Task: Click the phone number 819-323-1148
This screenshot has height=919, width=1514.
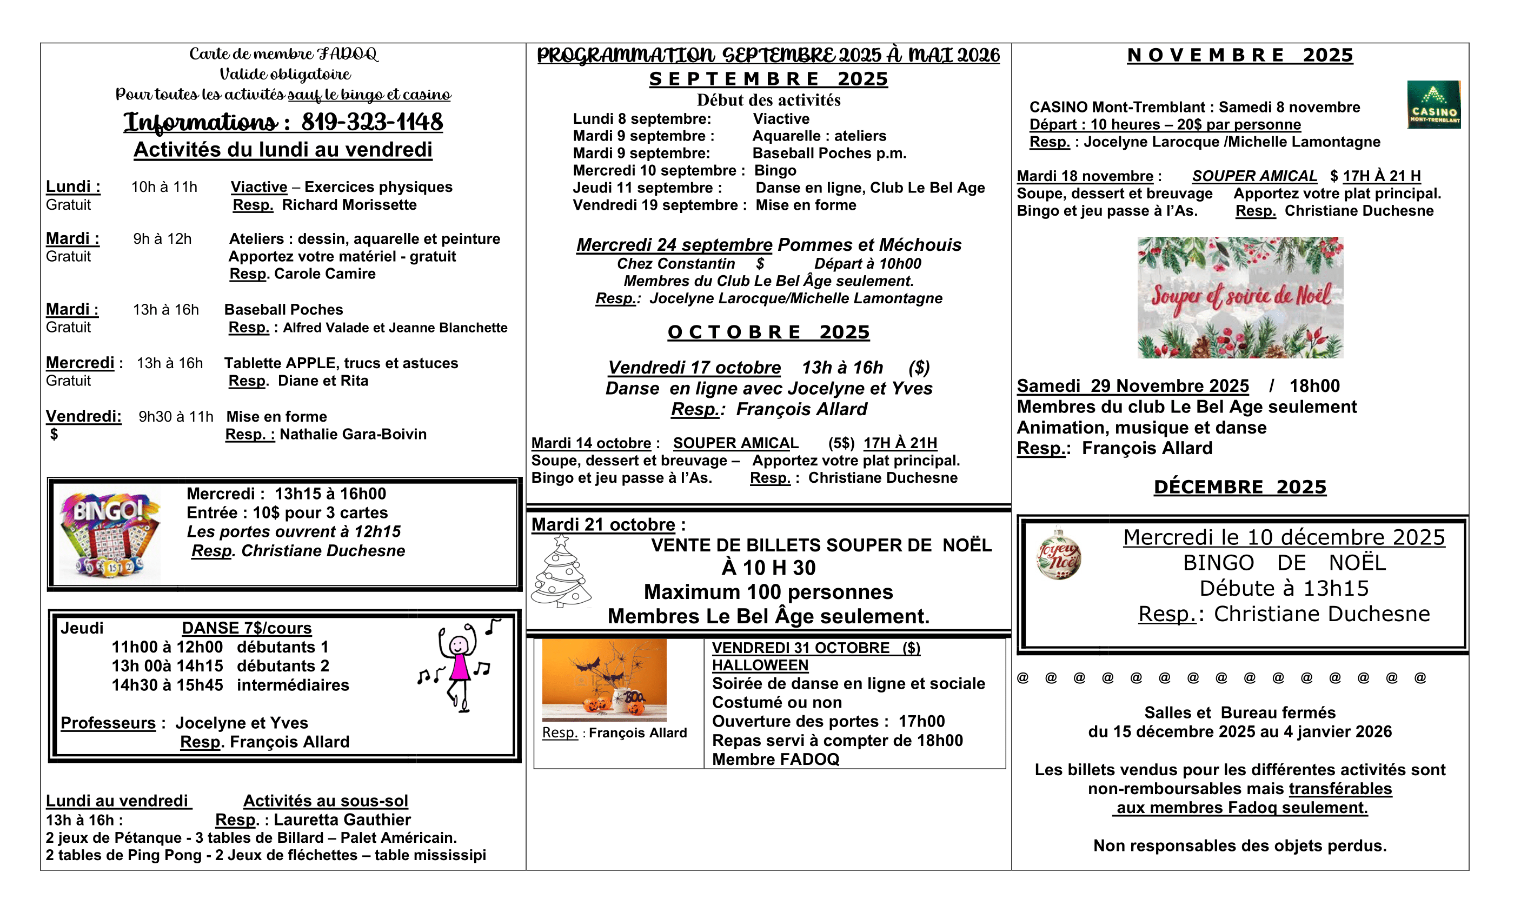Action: point(372,122)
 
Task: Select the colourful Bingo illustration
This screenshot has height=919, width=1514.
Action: point(109,533)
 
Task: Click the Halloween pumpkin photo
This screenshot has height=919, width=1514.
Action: point(604,680)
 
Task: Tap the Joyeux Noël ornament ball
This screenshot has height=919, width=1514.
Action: point(1058,554)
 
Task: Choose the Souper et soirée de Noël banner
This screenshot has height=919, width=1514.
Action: point(1240,297)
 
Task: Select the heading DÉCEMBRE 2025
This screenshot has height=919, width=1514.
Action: point(1239,487)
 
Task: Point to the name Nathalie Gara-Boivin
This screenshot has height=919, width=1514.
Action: point(353,434)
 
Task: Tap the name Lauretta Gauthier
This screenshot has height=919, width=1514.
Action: point(342,820)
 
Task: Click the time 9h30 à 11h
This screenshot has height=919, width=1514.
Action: point(176,416)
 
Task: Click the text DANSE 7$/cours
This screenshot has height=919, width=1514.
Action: point(247,628)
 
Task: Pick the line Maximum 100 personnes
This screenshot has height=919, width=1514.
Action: point(768,591)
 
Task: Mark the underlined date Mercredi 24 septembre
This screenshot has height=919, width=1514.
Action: point(674,244)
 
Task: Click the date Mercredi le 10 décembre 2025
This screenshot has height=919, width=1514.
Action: point(1284,537)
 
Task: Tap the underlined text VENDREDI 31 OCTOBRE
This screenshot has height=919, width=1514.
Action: point(800,648)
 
